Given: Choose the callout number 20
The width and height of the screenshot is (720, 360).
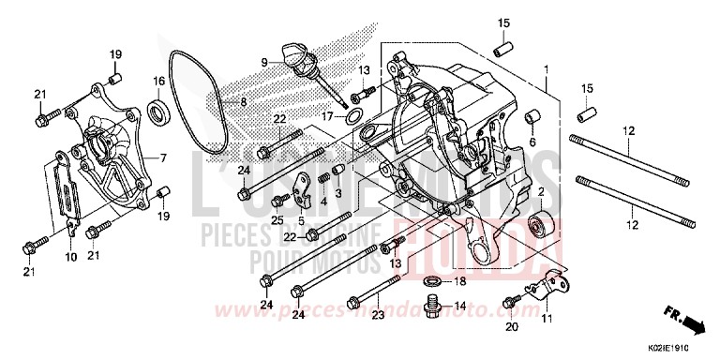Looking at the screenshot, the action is (x=511, y=327).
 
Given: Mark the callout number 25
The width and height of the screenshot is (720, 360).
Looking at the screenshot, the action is (x=277, y=218).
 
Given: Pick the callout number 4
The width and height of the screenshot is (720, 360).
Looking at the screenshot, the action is (x=323, y=201).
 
